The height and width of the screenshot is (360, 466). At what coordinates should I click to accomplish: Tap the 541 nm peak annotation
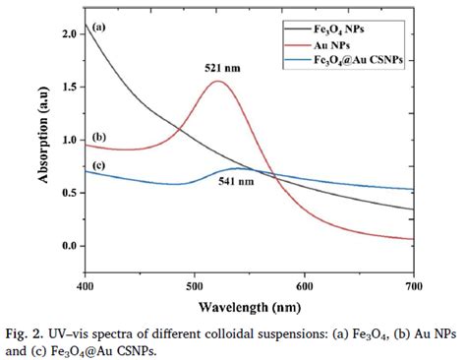click(237, 182)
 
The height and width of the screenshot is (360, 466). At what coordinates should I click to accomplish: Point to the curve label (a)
click(99, 27)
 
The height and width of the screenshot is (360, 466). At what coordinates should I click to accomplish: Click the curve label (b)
click(98, 136)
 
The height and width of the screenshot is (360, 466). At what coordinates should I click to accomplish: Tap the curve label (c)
click(98, 163)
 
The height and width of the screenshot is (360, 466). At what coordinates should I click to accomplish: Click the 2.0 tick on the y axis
click(69, 34)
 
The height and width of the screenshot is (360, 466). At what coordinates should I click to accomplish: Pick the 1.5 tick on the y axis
click(69, 88)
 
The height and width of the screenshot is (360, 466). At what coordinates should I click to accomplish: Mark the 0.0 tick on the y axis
click(69, 245)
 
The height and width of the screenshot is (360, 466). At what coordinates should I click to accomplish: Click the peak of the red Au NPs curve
click(217, 81)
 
